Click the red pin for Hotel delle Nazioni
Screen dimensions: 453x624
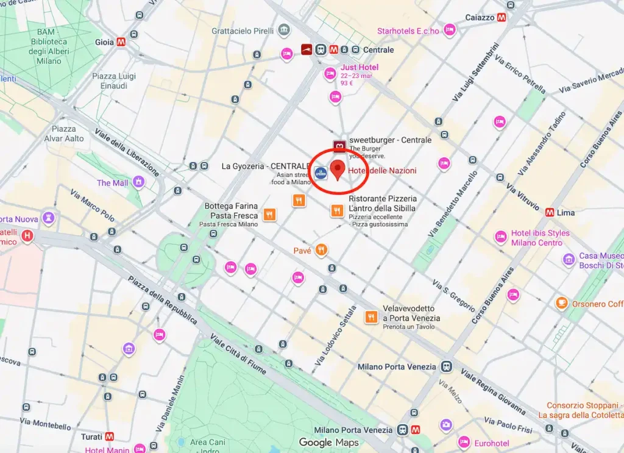coord(337,169)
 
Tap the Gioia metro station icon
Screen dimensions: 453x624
coord(122,42)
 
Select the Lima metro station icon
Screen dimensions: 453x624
coord(550,213)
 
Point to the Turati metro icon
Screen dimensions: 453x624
coord(110,437)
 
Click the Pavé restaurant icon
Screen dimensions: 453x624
coord(321,250)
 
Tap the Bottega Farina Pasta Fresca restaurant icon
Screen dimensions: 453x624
coord(269,215)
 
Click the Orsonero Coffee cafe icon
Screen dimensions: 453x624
coord(561,303)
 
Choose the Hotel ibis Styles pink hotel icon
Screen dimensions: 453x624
coord(500,237)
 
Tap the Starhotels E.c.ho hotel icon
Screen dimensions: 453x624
coord(450,29)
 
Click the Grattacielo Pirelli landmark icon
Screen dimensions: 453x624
coord(283,30)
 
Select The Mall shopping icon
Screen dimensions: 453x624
coord(139,182)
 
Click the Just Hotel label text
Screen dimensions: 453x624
coord(360,67)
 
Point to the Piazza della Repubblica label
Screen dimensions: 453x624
coord(162,301)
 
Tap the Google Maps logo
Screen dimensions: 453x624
coord(328,443)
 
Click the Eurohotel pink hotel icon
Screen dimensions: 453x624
coord(464,442)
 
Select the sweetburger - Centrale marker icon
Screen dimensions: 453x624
coord(339,145)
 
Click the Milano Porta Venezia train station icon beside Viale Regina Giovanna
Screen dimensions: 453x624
coord(447,366)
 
